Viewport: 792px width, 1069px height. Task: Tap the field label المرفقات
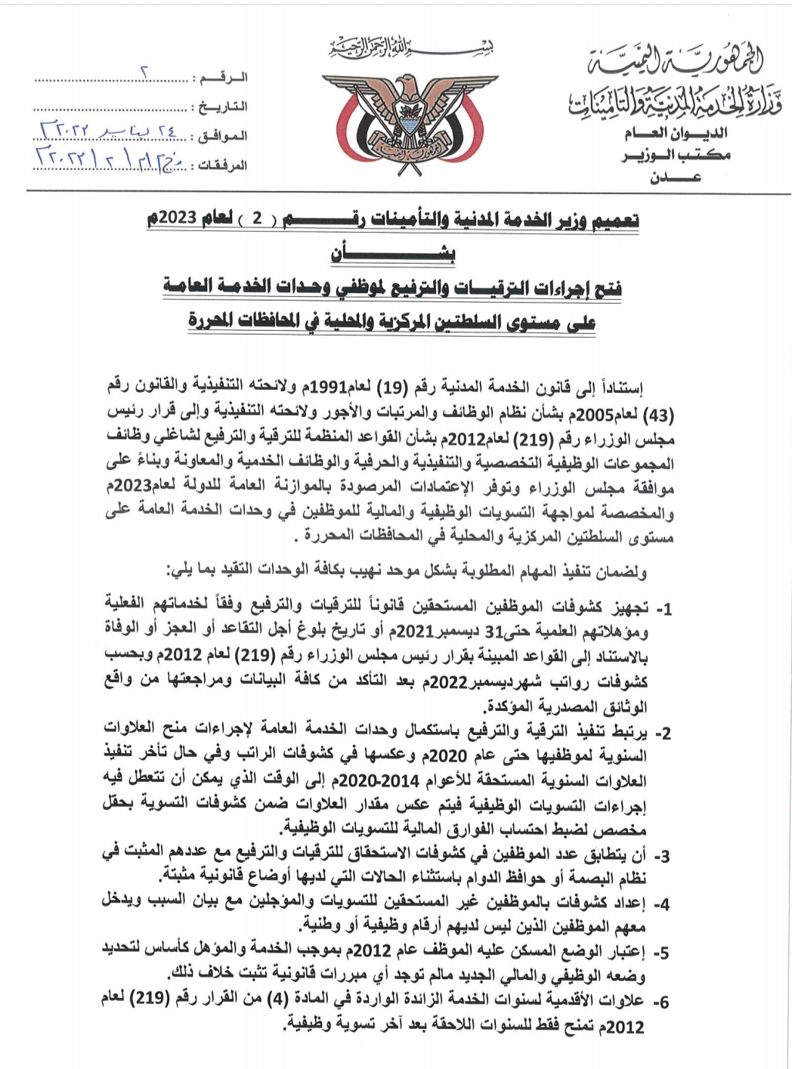221,165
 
